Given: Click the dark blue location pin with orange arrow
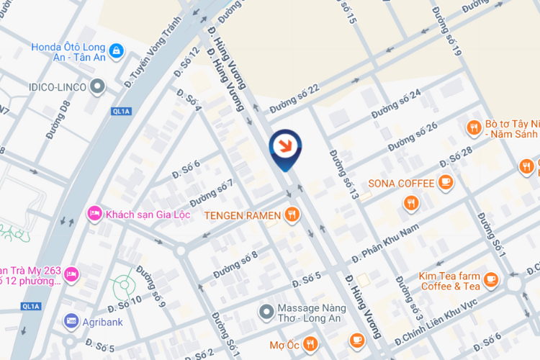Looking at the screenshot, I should click(x=285, y=146).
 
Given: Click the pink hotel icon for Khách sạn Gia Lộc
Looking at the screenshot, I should click(x=94, y=214).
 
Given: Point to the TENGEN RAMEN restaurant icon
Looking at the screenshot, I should click(x=292, y=213).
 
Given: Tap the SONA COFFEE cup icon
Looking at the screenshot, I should click(x=446, y=183).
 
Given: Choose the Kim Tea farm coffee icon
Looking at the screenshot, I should click(x=491, y=279).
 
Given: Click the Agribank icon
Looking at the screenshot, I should click(x=71, y=320).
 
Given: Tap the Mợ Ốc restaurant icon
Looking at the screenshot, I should click(x=310, y=343).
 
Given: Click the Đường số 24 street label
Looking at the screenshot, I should click(x=395, y=104).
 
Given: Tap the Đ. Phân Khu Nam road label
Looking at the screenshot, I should click(x=385, y=244).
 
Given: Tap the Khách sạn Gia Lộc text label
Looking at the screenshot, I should click(x=143, y=214).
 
